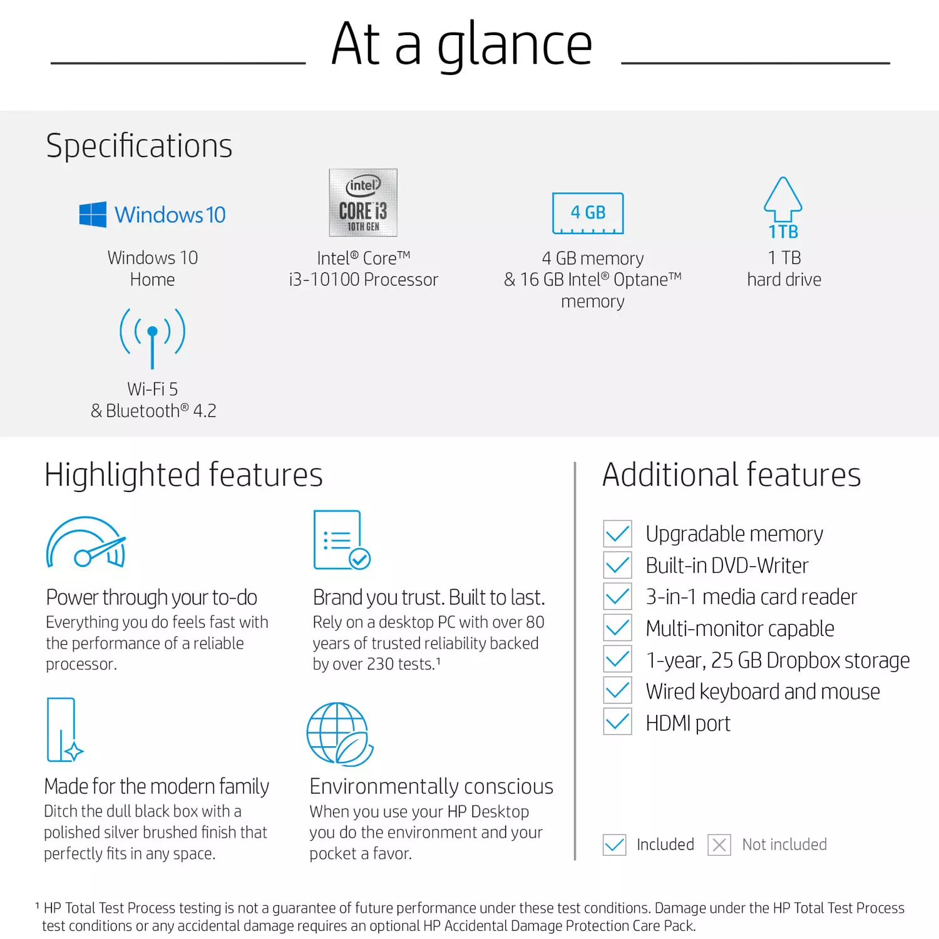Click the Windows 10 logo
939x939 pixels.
click(152, 215)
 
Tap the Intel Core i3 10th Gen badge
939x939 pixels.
click(363, 202)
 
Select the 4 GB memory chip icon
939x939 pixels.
click(588, 213)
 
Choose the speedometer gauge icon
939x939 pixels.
click(86, 543)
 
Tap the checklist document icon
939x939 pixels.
click(341, 540)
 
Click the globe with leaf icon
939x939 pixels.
click(339, 734)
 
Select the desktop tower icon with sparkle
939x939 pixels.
click(64, 730)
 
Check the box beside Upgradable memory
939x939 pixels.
click(617, 534)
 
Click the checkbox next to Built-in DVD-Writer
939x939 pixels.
click(617, 565)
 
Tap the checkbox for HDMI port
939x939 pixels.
click(617, 722)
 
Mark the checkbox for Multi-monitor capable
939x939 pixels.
click(617, 628)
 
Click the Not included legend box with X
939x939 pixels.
click(719, 844)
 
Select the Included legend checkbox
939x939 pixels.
click(614, 844)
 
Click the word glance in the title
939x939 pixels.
click(514, 45)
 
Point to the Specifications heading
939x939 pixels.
click(139, 146)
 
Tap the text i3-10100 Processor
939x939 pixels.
click(363, 280)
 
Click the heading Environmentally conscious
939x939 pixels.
click(431, 786)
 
